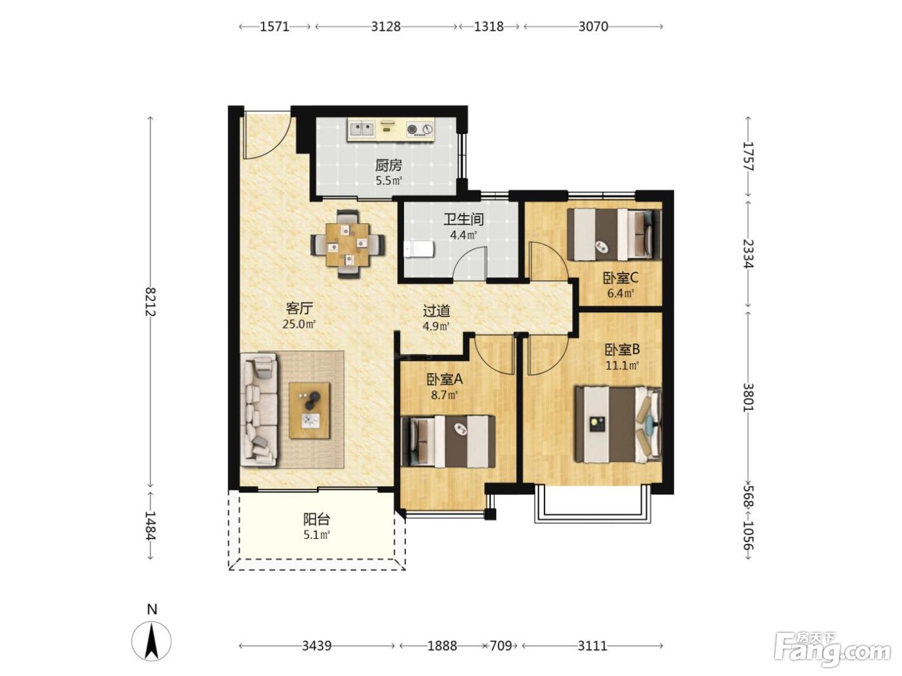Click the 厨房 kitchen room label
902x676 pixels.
pyautogui.click(x=388, y=165)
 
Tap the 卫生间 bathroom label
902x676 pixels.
pyautogui.click(x=463, y=220)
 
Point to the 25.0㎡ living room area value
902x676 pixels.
pyautogui.click(x=299, y=324)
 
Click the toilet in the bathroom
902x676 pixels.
pyautogui.click(x=418, y=249)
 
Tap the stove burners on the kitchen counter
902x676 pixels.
pyautogui.click(x=419, y=129)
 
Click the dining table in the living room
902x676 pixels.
pyautogui.click(x=347, y=244)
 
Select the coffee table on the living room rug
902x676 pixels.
pyautogui.click(x=309, y=411)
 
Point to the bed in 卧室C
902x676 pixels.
pyautogui.click(x=614, y=234)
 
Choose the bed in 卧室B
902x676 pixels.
pyautogui.click(x=618, y=424)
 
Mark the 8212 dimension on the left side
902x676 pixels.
pyautogui.click(x=150, y=301)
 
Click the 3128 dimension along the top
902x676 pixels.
pyautogui.click(x=385, y=26)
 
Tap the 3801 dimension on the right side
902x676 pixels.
pyautogui.click(x=749, y=397)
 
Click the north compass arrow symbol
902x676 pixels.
pyautogui.click(x=151, y=641)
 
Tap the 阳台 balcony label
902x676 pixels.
pyautogui.click(x=316, y=519)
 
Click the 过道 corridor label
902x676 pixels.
pyautogui.click(x=436, y=311)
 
